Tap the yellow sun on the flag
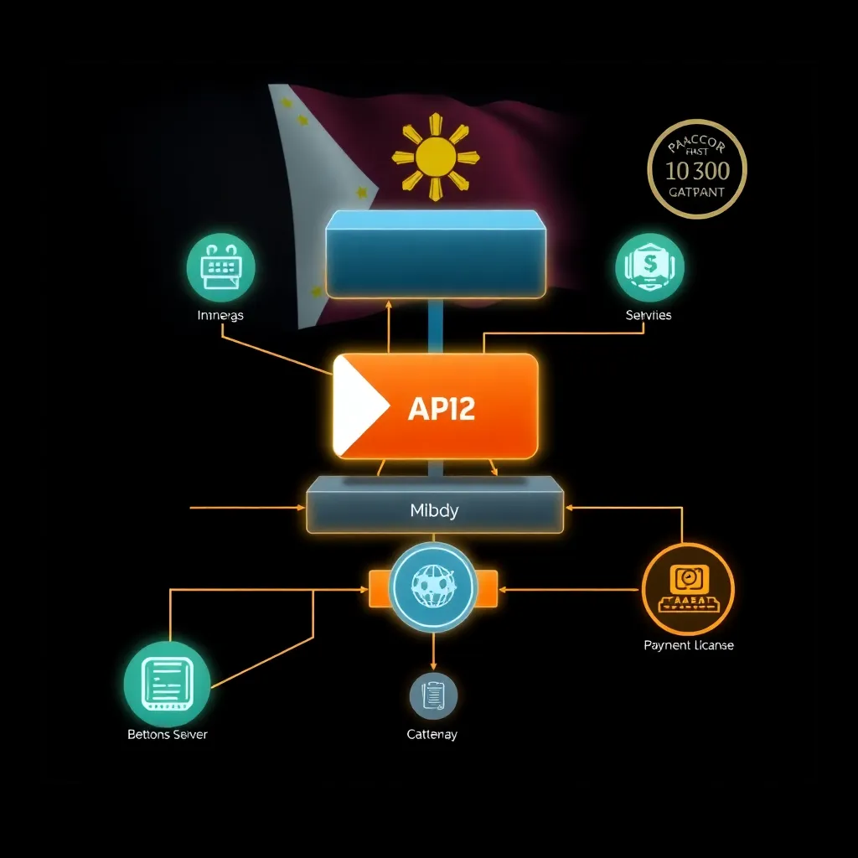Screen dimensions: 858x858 coord(435,156)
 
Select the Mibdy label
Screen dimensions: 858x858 coord(434,510)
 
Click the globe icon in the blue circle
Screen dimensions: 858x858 coord(433,586)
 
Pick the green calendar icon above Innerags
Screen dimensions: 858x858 coord(220,266)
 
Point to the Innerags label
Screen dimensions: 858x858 coord(220,316)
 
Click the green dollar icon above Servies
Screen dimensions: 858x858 coord(649,266)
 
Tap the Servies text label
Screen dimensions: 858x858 coord(649,316)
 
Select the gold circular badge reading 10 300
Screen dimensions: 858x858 coord(697,169)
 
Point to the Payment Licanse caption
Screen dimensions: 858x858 coord(688,645)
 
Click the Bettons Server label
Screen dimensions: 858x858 coord(167,734)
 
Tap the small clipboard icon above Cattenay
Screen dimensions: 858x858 coord(433,695)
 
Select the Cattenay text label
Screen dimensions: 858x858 coord(432,734)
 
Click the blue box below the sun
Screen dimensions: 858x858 coord(435,253)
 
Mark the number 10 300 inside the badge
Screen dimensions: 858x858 coord(697,171)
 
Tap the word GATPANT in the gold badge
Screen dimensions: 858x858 coord(697,192)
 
